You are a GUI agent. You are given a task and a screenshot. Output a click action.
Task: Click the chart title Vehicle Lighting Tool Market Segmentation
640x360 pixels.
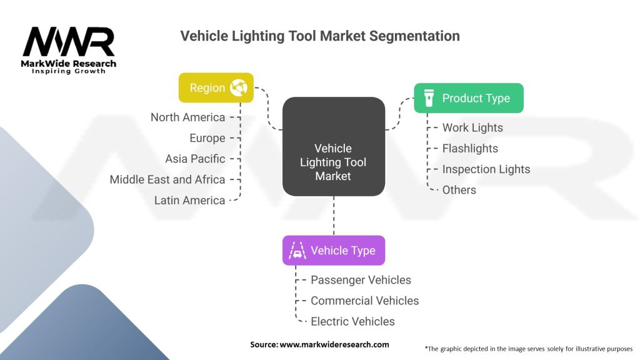[x=320, y=36]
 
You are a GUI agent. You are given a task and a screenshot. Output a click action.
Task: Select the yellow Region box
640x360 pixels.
[x=216, y=87]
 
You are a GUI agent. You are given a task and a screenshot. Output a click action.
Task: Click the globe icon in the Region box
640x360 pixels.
[x=239, y=87]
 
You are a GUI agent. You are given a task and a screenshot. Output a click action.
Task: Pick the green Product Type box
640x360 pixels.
[x=468, y=98]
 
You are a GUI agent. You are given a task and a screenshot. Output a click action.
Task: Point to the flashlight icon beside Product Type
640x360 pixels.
[x=428, y=98]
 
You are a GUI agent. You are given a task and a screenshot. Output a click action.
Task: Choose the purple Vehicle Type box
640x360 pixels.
[x=333, y=251]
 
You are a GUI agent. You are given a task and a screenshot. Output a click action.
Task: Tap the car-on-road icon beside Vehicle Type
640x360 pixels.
[x=297, y=251]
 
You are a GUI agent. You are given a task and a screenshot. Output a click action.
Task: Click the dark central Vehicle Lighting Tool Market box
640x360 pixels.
[x=333, y=162]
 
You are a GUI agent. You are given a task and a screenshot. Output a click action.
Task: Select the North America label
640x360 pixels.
[x=187, y=117]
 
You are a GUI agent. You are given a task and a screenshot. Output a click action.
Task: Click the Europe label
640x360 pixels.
[x=207, y=138]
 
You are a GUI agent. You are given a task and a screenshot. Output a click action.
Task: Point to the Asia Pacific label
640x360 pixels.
[x=195, y=159]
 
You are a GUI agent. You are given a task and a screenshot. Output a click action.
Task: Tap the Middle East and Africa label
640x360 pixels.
[x=167, y=179]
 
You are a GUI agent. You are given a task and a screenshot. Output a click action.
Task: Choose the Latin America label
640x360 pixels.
[x=189, y=200]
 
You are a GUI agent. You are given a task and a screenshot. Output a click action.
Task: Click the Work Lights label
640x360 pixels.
[x=472, y=127]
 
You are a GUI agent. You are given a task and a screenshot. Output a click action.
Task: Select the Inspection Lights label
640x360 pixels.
[x=486, y=169]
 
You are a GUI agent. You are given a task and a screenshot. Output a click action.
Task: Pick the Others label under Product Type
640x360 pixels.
[x=459, y=190]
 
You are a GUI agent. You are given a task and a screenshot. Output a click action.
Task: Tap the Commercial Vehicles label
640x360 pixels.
[x=364, y=301]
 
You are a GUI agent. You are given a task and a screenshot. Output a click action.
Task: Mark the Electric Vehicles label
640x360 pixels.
[x=352, y=321]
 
